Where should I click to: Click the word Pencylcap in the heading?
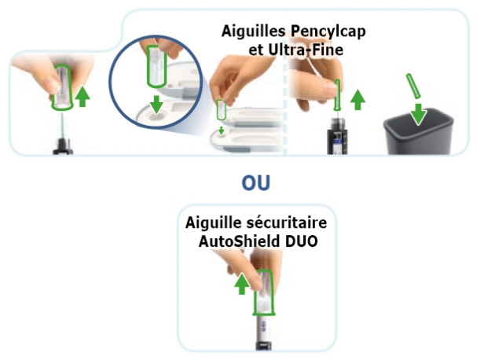point(328,31)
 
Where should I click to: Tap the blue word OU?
point(256,182)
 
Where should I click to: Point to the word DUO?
point(301,241)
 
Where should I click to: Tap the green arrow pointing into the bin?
point(419,115)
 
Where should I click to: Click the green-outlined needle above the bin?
point(413,86)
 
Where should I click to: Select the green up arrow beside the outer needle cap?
point(82,97)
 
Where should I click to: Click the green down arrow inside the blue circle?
point(156,105)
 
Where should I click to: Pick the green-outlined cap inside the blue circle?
point(156,66)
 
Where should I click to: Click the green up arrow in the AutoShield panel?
point(242,284)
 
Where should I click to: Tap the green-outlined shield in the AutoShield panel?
point(263,292)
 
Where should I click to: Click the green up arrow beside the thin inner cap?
point(357,100)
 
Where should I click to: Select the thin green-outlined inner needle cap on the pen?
point(337,95)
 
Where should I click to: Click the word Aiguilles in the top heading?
point(254,31)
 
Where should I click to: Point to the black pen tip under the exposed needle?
point(63,147)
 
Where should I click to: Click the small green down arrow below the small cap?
point(221,130)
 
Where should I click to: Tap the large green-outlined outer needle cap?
point(62,87)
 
